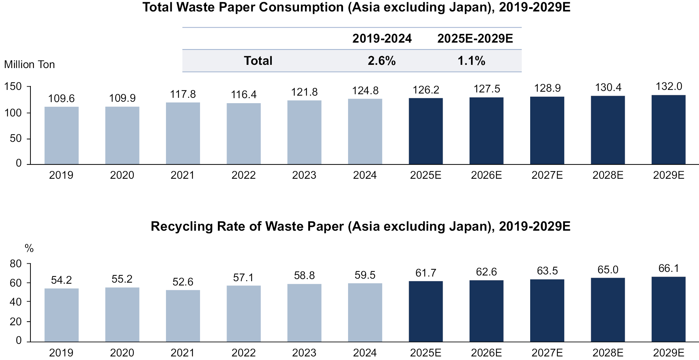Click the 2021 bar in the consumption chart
[183, 133]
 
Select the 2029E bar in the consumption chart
[668, 130]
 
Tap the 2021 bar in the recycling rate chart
[183, 316]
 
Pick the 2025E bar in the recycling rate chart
[425, 311]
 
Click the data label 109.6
[61, 99]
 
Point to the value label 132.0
[669, 87]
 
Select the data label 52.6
[183, 282]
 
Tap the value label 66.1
[669, 268]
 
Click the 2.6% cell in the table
[381, 61]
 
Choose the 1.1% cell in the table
[471, 61]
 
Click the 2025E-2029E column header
[475, 39]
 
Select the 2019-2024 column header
[382, 39]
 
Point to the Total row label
[258, 61]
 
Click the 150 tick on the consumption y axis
[13, 86]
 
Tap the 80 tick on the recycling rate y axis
[16, 264]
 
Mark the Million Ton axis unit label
[29, 64]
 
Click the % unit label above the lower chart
[29, 248]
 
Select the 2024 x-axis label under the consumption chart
[365, 175]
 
